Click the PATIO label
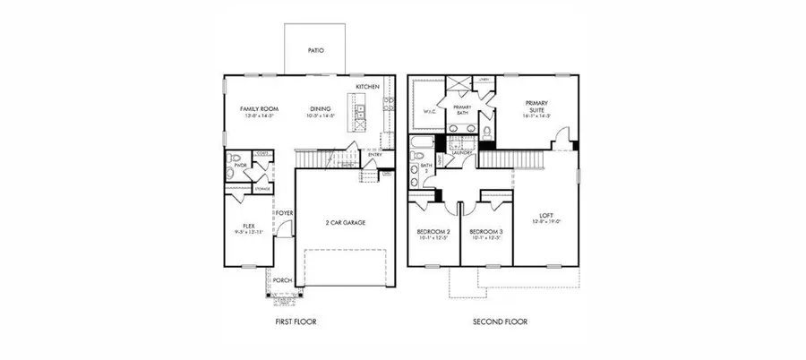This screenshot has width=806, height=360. (x=315, y=51)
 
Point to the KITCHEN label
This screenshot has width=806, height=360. (x=367, y=87)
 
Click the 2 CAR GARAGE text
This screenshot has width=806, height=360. (x=345, y=222)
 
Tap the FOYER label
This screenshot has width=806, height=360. (x=284, y=213)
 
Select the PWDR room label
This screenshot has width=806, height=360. (x=240, y=165)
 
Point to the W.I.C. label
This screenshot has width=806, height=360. (x=428, y=112)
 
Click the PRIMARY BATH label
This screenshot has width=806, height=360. (x=462, y=109)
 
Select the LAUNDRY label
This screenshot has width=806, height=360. (x=462, y=153)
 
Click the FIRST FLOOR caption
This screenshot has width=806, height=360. (x=296, y=321)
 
